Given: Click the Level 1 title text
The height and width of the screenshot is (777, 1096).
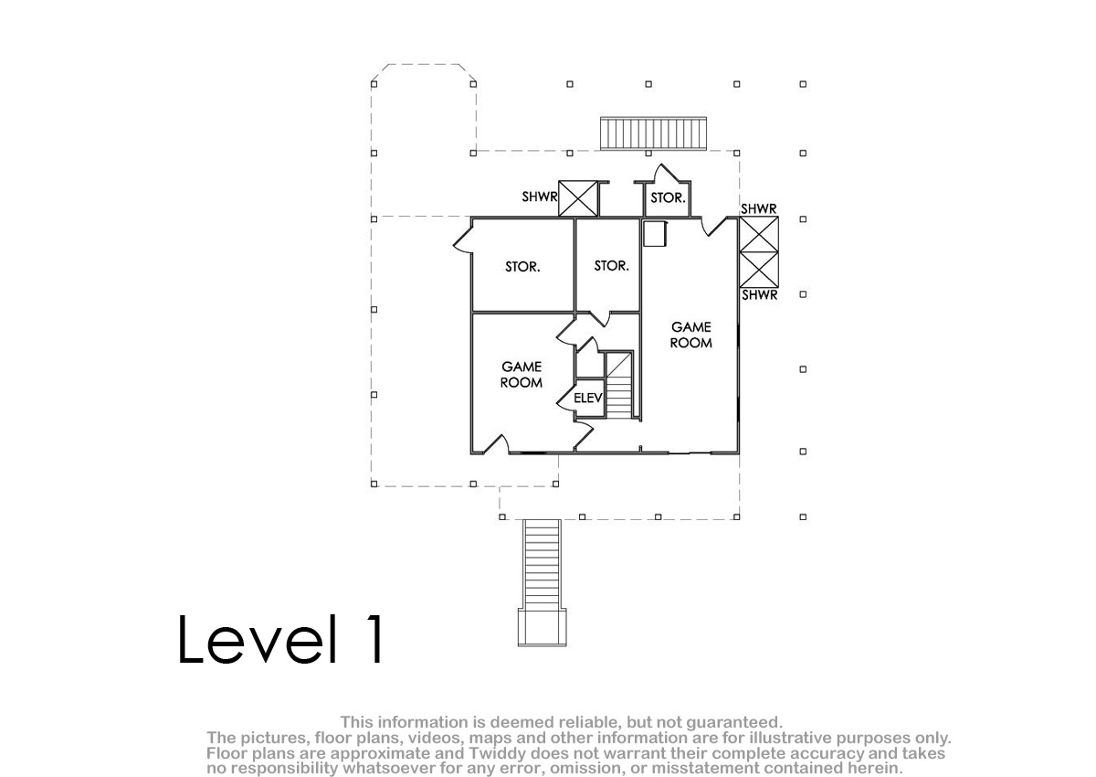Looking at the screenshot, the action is pos(280,640).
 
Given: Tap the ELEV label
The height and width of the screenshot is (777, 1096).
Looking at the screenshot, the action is pos(587,398).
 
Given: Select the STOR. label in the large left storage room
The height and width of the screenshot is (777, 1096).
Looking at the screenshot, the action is pos(522,267).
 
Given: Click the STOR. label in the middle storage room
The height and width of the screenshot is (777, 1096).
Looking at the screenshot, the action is pos(611,266).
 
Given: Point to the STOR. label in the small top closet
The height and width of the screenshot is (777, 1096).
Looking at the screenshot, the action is pos(668,197).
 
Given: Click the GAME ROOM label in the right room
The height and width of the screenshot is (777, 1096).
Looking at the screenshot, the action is pos(690,335).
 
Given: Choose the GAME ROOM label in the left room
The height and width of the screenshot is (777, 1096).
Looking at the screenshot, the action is pos(522,375).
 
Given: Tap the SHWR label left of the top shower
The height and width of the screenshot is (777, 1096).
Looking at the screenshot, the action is pos(539,197).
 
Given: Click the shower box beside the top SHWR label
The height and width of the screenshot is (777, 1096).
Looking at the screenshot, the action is pos(578,198).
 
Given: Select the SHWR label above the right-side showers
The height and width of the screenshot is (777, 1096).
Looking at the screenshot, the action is pos(759,209).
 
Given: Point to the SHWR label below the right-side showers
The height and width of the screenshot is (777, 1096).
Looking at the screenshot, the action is pos(759,295).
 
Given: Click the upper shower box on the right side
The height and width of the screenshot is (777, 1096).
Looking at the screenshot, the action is pos(759,235).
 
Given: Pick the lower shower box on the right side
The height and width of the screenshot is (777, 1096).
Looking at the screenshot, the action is pos(759,270).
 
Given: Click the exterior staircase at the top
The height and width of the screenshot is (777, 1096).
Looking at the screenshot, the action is pos(654,133).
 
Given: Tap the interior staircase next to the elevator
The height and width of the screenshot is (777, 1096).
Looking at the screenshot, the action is pos(619,386).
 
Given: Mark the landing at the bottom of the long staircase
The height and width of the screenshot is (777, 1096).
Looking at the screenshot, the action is pos(543,627).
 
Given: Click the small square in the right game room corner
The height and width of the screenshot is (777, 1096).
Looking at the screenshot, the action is pos(655,234).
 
